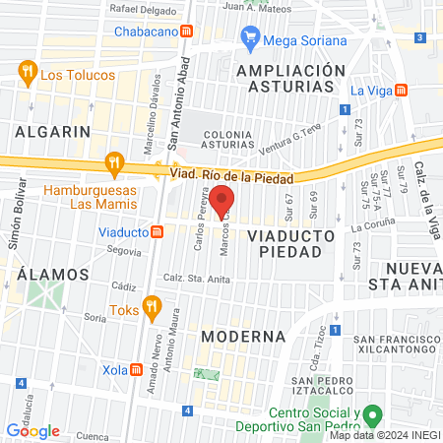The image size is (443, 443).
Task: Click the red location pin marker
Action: point(222,199)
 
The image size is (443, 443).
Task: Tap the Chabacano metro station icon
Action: point(201,31)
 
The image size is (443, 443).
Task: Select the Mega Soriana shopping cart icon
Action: point(250,39)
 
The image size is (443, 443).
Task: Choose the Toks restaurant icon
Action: point(151,307)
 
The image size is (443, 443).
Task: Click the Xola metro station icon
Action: point(137,371)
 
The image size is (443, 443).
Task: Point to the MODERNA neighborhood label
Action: point(243,336)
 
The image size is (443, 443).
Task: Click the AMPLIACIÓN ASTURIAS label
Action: point(291,79)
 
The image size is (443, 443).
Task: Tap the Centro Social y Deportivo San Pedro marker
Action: point(371,415)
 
